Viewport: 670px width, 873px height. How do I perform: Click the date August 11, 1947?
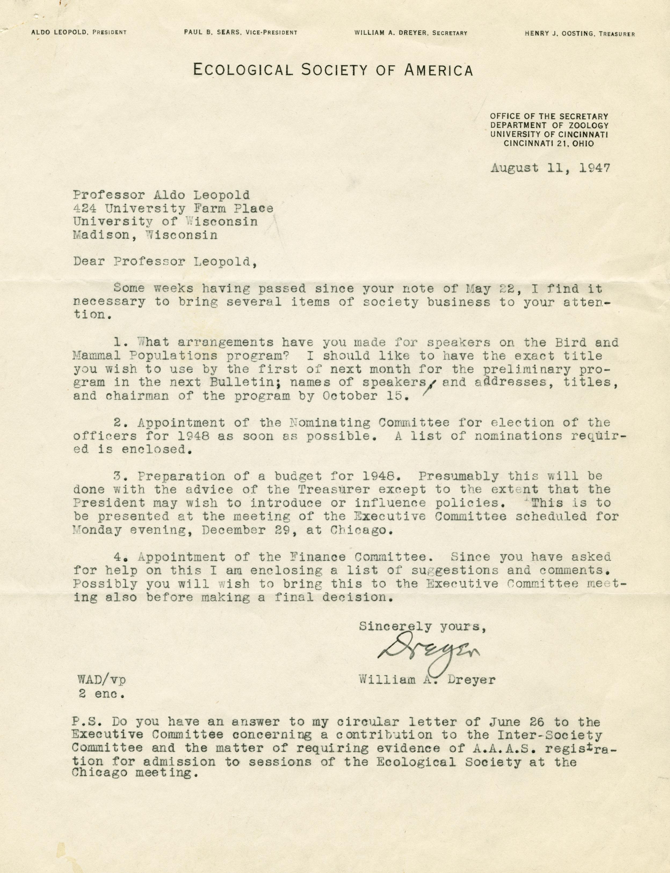550,168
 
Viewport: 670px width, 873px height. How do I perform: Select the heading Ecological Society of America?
333,71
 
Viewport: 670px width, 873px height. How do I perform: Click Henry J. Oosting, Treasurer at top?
579,34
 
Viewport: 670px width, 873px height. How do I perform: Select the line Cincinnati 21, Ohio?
548,144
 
